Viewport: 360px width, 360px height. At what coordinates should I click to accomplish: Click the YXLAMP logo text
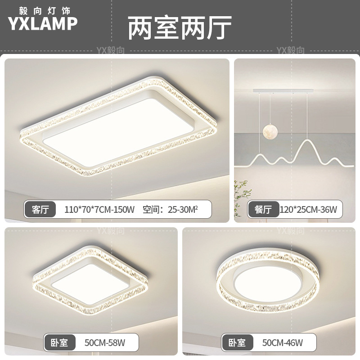coord(43,23)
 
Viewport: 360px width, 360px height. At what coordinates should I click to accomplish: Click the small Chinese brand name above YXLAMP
coord(43,9)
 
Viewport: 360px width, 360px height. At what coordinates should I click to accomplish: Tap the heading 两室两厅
coord(180,28)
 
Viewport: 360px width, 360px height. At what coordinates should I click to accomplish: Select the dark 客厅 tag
coord(40,209)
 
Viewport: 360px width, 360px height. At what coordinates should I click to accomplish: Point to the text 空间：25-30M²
coord(170,209)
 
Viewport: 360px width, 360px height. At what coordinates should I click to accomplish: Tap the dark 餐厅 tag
coord(263,209)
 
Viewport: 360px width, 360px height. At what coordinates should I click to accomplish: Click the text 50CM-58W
coord(105,343)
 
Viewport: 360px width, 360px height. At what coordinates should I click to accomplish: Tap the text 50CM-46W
coord(283,343)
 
